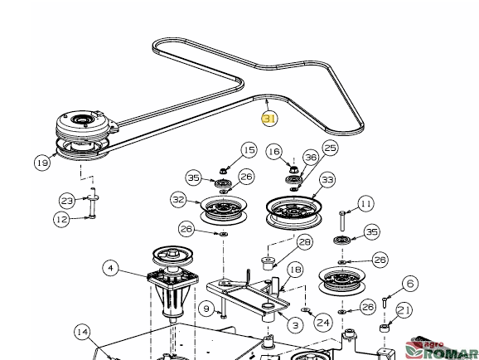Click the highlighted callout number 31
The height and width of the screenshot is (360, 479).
click(x=269, y=119)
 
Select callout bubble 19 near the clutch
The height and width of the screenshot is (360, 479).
click(x=42, y=163)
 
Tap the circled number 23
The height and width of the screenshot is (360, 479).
click(x=67, y=201)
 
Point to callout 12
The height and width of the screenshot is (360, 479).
click(x=61, y=219)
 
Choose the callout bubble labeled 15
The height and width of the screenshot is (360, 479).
click(x=249, y=150)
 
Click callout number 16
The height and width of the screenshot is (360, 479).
click(x=273, y=152)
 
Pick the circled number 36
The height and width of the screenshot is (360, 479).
click(x=311, y=158)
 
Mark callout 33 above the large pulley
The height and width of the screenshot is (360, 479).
click(x=327, y=179)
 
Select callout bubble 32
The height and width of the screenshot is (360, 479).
click(x=178, y=200)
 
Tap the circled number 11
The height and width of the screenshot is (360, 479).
click(x=366, y=203)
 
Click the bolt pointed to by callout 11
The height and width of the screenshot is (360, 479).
click(x=342, y=221)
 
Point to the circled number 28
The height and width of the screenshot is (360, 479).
click(x=305, y=242)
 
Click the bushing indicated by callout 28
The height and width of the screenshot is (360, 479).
click(x=268, y=264)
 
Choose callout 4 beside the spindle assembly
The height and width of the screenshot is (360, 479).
click(x=110, y=268)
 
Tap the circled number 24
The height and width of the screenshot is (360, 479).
click(x=323, y=323)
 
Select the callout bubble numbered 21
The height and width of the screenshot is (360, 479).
click(x=404, y=310)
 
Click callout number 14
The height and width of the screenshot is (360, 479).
click(x=83, y=332)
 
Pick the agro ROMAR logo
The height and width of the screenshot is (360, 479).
click(x=442, y=349)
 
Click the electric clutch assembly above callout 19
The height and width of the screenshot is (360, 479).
click(x=83, y=134)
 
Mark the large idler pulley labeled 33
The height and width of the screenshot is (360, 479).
click(x=293, y=212)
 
